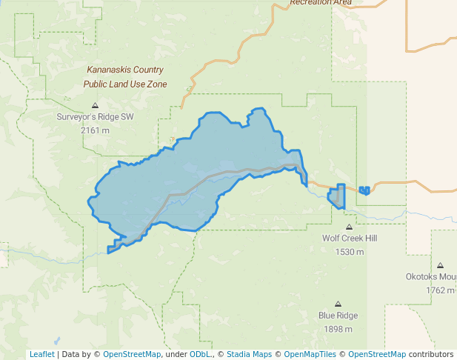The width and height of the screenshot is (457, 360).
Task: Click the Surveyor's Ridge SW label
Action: pyautogui.click(x=95, y=117)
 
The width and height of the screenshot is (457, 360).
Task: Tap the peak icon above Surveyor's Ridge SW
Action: pyautogui.click(x=95, y=105)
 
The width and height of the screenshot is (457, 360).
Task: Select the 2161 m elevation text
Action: pyautogui.click(x=95, y=130)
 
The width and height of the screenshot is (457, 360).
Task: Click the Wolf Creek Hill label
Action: pyautogui.click(x=349, y=239)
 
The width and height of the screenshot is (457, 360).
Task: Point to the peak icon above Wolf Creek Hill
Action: pyautogui.click(x=349, y=227)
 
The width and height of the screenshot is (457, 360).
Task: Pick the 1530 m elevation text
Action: pyautogui.click(x=349, y=252)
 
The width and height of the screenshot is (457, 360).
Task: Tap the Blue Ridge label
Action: pyautogui.click(x=338, y=316)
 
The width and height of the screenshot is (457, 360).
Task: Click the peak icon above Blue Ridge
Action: pyautogui.click(x=338, y=304)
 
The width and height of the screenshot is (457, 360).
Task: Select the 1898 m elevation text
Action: pyautogui.click(x=338, y=329)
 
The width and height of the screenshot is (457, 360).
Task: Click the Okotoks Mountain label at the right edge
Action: pyautogui.click(x=431, y=277)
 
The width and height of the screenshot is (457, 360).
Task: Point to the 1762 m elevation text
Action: pyautogui.click(x=439, y=290)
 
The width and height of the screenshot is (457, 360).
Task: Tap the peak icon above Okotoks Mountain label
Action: pyautogui.click(x=440, y=265)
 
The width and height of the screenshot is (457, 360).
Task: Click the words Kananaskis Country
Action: pyautogui.click(x=124, y=70)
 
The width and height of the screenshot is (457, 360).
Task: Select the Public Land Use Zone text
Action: pyautogui.click(x=124, y=84)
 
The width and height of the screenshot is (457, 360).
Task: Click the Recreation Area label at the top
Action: pyautogui.click(x=320, y=3)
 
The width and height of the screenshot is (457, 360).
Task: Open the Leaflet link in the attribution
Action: pyautogui.click(x=41, y=354)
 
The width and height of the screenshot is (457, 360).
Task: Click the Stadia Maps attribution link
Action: pyautogui.click(x=248, y=354)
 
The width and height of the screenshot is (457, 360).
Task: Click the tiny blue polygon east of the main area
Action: pyautogui.click(x=364, y=190)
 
